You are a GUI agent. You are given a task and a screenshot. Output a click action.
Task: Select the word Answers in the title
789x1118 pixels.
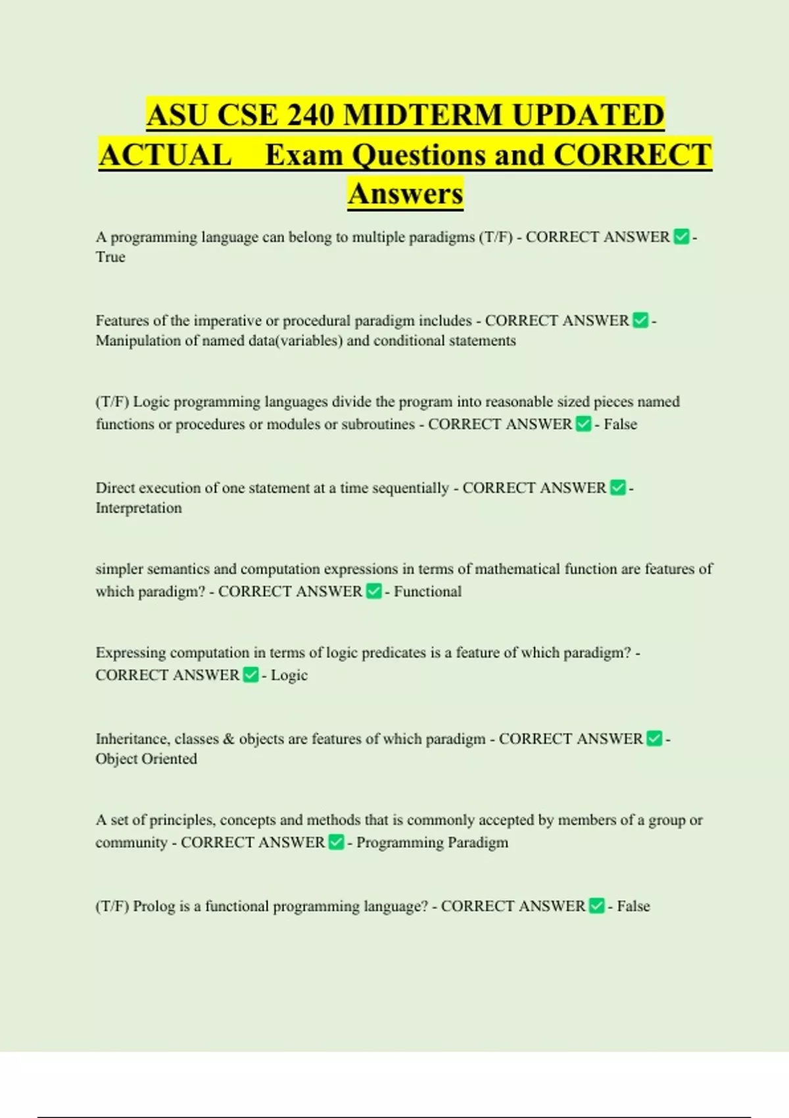pyautogui.click(x=406, y=193)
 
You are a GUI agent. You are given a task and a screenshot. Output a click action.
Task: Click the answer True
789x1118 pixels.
pyautogui.click(x=110, y=257)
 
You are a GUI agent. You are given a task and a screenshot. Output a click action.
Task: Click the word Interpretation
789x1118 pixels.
pyautogui.click(x=139, y=508)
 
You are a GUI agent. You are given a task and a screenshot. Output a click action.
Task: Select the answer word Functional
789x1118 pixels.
pyautogui.click(x=427, y=591)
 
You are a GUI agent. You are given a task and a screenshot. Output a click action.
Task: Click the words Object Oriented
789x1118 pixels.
pyautogui.click(x=146, y=759)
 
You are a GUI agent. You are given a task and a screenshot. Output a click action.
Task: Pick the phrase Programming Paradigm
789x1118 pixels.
pyautogui.click(x=432, y=842)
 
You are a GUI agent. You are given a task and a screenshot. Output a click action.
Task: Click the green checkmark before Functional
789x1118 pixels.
pyautogui.click(x=373, y=591)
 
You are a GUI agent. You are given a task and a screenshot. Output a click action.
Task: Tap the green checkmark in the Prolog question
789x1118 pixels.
pyautogui.click(x=596, y=906)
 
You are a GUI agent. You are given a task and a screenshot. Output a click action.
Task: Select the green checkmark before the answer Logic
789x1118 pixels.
pyautogui.click(x=251, y=675)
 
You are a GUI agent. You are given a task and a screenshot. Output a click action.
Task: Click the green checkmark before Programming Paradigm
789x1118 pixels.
pyautogui.click(x=335, y=842)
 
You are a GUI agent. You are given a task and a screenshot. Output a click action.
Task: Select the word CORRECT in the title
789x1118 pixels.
pyautogui.click(x=633, y=155)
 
